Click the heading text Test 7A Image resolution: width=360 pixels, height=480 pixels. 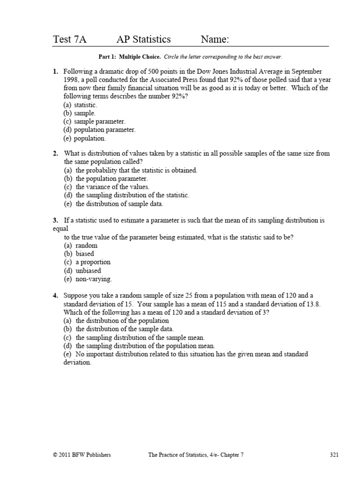pyautogui.click(x=70, y=40)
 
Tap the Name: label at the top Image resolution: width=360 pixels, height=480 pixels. pyautogui.click(x=215, y=40)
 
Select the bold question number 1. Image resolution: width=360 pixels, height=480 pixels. pyautogui.click(x=55, y=72)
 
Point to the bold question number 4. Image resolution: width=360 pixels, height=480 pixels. pyautogui.click(x=55, y=295)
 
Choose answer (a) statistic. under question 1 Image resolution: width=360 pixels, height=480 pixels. pyautogui.click(x=80, y=105)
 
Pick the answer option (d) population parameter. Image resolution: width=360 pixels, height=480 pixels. pyautogui.click(x=99, y=130)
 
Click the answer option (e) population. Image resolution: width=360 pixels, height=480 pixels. pyautogui.click(x=84, y=138)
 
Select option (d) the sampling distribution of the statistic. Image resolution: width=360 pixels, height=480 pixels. pyautogui.click(x=126, y=195)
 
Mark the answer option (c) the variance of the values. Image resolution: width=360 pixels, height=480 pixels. pyautogui.click(x=106, y=187)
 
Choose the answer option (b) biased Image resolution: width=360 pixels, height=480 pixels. pyautogui.click(x=79, y=254)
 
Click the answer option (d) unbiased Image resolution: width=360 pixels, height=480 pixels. pyautogui.click(x=82, y=270)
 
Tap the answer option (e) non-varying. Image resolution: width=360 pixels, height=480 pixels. pyautogui.click(x=88, y=279)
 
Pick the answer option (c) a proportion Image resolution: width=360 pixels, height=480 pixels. pyautogui.click(x=87, y=262)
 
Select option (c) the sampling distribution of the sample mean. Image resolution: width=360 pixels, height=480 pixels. pyautogui.click(x=134, y=337)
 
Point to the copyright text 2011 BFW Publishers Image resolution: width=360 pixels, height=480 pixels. pyautogui.click(x=82, y=455)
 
